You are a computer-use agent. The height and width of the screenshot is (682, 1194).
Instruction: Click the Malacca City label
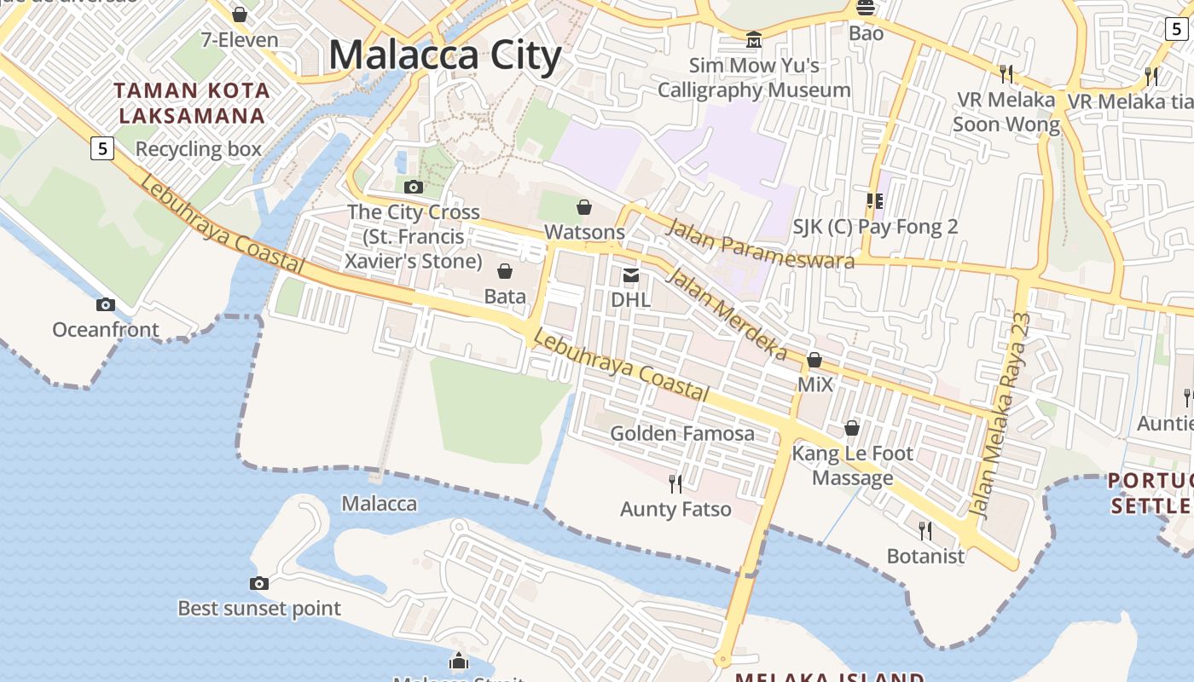(444, 55)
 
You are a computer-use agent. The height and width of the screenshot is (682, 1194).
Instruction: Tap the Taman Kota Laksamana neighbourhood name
(192, 102)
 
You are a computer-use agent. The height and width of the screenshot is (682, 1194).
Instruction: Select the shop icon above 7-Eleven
(240, 14)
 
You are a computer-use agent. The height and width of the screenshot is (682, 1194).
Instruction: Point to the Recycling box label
(199, 149)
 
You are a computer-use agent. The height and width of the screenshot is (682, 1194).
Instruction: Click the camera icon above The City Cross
(414, 187)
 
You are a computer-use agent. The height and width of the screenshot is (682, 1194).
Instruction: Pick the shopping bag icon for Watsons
(584, 207)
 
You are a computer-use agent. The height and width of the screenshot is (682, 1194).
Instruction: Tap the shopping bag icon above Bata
(505, 271)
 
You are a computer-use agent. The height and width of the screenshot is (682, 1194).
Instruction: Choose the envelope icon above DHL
(631, 275)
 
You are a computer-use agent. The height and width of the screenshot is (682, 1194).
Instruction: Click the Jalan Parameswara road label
(759, 244)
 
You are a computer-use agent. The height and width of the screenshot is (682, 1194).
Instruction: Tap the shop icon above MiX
(814, 360)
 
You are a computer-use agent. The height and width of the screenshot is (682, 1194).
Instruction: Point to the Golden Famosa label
(682, 433)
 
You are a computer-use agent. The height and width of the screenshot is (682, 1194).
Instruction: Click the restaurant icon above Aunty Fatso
(675, 484)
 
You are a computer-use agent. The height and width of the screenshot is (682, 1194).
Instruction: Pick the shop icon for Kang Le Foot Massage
(851, 428)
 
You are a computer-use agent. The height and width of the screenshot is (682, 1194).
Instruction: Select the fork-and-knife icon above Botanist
(925, 531)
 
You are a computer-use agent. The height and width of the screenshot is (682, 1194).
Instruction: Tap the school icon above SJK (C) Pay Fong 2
(874, 201)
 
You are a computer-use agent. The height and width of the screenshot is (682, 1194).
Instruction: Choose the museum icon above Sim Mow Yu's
(754, 39)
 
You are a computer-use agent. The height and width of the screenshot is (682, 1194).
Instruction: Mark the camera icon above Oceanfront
(106, 304)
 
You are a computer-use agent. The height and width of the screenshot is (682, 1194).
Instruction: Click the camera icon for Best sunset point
(259, 583)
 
